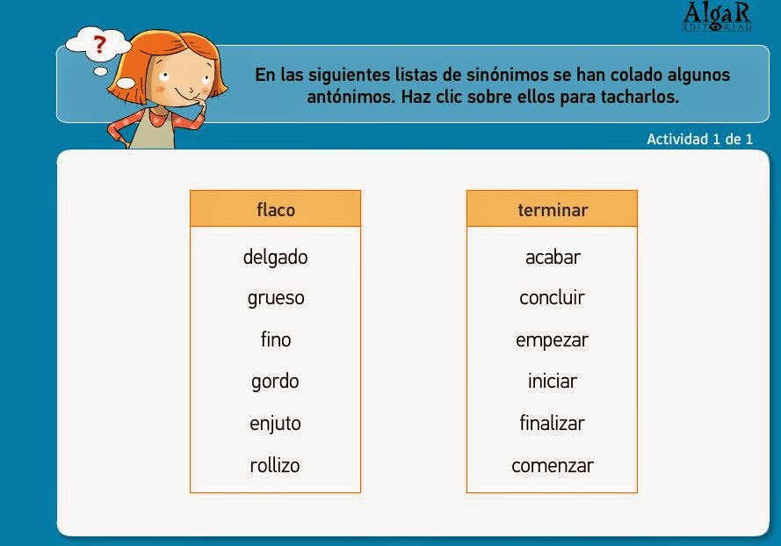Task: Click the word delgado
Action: click(x=275, y=257)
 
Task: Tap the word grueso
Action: click(x=275, y=298)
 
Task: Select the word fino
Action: click(x=275, y=339)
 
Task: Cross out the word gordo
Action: click(x=275, y=382)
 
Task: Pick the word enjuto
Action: click(x=275, y=423)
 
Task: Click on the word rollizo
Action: click(x=275, y=465)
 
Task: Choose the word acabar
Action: click(x=553, y=257)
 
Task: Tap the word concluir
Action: click(x=552, y=298)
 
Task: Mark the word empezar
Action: click(x=552, y=339)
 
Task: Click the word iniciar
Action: click(x=552, y=382)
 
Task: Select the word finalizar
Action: click(x=552, y=423)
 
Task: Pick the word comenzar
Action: click(x=552, y=465)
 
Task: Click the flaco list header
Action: click(x=275, y=209)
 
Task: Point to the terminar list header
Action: click(x=552, y=209)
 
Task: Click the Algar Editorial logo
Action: click(x=717, y=17)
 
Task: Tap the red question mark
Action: click(x=100, y=43)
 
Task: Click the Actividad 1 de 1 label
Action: click(x=699, y=139)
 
